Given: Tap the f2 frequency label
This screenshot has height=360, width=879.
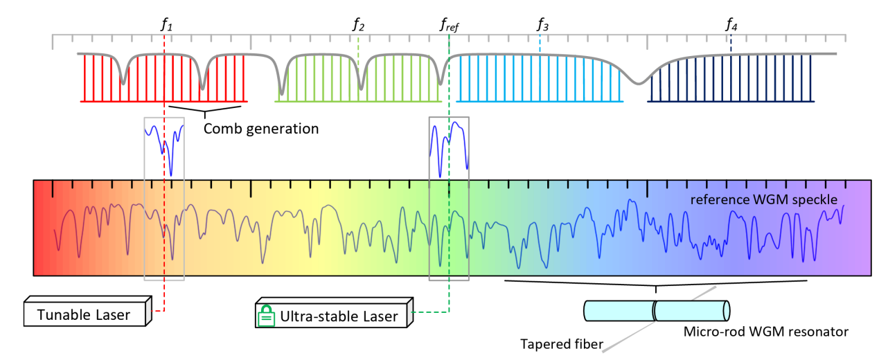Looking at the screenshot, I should pos(358,25).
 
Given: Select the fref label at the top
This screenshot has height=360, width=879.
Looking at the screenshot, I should pos(450,26).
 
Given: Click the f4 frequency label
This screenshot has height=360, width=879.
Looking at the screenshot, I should pos(731,25).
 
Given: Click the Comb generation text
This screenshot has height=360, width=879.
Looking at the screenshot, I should pos(260,128).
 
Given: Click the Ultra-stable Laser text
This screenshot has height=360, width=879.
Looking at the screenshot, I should pos(339,317).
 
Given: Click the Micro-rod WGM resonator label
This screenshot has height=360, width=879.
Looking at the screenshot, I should pos(765,332).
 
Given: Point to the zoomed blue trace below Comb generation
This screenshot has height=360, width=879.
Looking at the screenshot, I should pos(164,142).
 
